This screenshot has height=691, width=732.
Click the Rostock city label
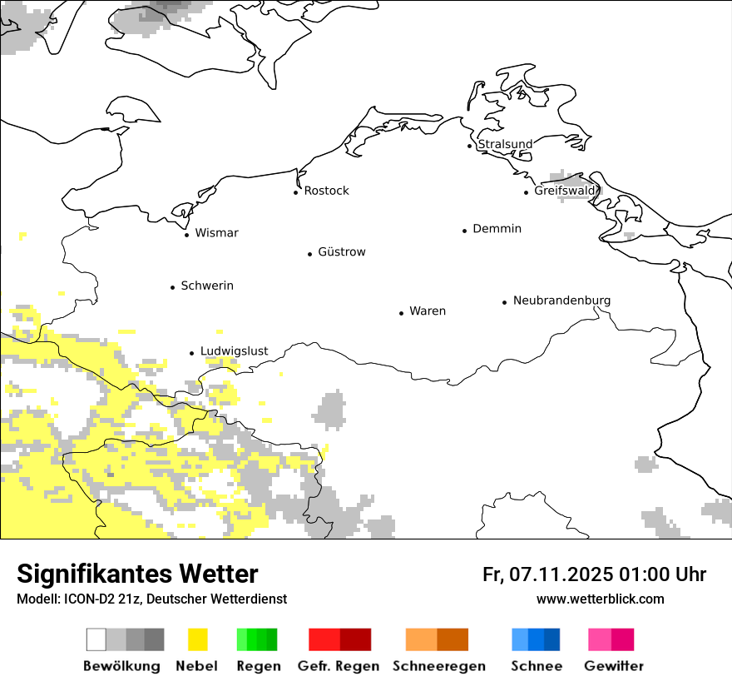point(326,191)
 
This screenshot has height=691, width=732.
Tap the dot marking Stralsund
point(470,146)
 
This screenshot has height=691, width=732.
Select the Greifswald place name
point(566,191)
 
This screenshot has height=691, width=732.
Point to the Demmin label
point(497,229)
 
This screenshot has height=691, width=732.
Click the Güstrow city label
point(341,252)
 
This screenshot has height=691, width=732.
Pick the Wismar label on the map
point(216,233)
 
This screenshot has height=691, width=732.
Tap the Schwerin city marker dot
point(173,287)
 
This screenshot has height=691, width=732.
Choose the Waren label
point(428,311)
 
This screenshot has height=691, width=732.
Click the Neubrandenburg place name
point(561,301)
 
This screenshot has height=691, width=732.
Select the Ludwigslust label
point(234,351)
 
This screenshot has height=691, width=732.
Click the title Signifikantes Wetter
point(137,574)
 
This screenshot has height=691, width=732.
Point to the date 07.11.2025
point(561,574)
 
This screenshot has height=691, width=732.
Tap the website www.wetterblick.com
point(600,599)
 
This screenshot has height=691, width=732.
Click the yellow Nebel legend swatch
point(198,639)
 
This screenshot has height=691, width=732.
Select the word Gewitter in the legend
point(613,666)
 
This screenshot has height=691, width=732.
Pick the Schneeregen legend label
point(438,666)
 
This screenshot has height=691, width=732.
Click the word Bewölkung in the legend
point(121,666)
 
